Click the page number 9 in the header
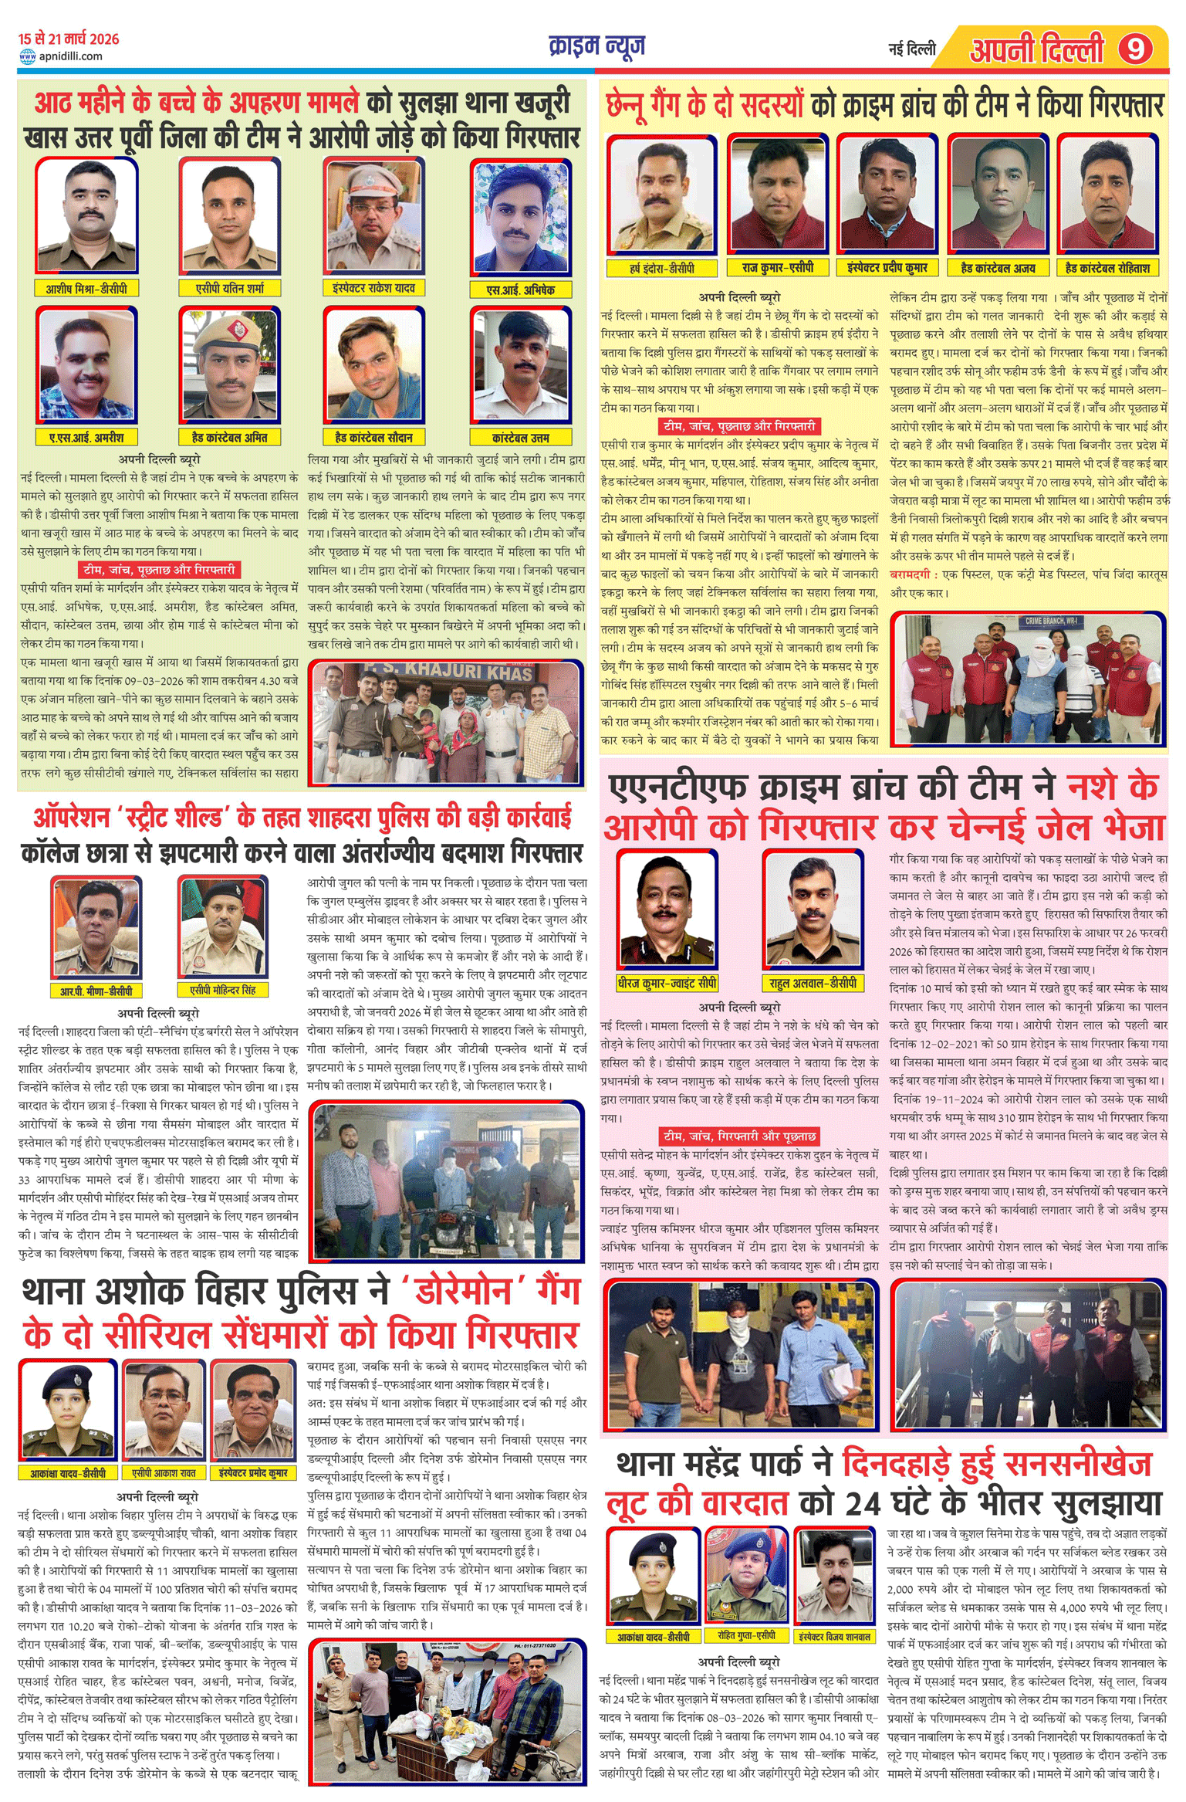[x=1135, y=49]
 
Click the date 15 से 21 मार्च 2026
[x=69, y=39]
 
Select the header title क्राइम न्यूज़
[x=596, y=46]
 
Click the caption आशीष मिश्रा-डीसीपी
[x=86, y=288]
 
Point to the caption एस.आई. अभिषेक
[x=521, y=290]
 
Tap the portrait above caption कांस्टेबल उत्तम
[x=521, y=364]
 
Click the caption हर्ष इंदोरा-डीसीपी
[x=661, y=268]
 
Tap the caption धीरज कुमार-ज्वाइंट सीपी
[x=667, y=983]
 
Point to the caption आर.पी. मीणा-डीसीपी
[x=96, y=991]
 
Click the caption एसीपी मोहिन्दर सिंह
[x=222, y=990]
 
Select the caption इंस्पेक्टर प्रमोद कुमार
[x=253, y=1473]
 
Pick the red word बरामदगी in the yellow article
[x=911, y=574]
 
